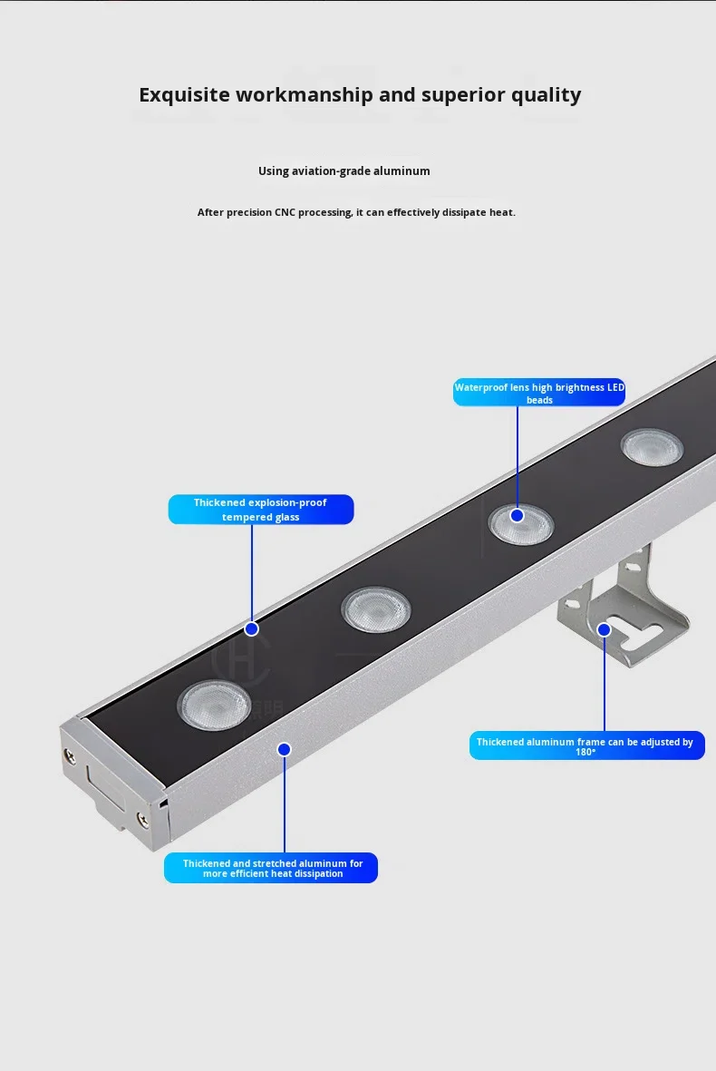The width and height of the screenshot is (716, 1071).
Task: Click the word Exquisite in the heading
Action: tap(184, 94)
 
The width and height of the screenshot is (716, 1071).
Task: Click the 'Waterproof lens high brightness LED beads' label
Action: tap(539, 393)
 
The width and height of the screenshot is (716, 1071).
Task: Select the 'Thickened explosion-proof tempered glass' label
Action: tap(261, 510)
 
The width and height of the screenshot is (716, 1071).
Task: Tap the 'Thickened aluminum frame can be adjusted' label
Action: tap(586, 745)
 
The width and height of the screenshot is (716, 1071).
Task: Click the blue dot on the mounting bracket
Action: tap(604, 629)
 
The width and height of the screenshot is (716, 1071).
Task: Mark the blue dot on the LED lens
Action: tap(518, 516)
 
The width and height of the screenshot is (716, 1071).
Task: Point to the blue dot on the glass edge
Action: tap(252, 628)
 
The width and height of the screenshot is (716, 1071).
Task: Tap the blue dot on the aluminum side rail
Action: tap(285, 749)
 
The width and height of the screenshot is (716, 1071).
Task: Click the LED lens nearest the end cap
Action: tap(214, 705)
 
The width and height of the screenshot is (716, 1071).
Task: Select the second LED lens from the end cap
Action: tap(376, 609)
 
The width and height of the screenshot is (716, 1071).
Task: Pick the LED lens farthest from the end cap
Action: tap(652, 447)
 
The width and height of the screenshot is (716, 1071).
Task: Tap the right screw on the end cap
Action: tap(142, 818)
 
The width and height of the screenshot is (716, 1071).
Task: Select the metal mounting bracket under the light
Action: tap(624, 608)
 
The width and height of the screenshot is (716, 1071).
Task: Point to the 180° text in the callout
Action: tap(585, 752)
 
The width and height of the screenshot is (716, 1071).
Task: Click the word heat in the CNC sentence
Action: tap(501, 212)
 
